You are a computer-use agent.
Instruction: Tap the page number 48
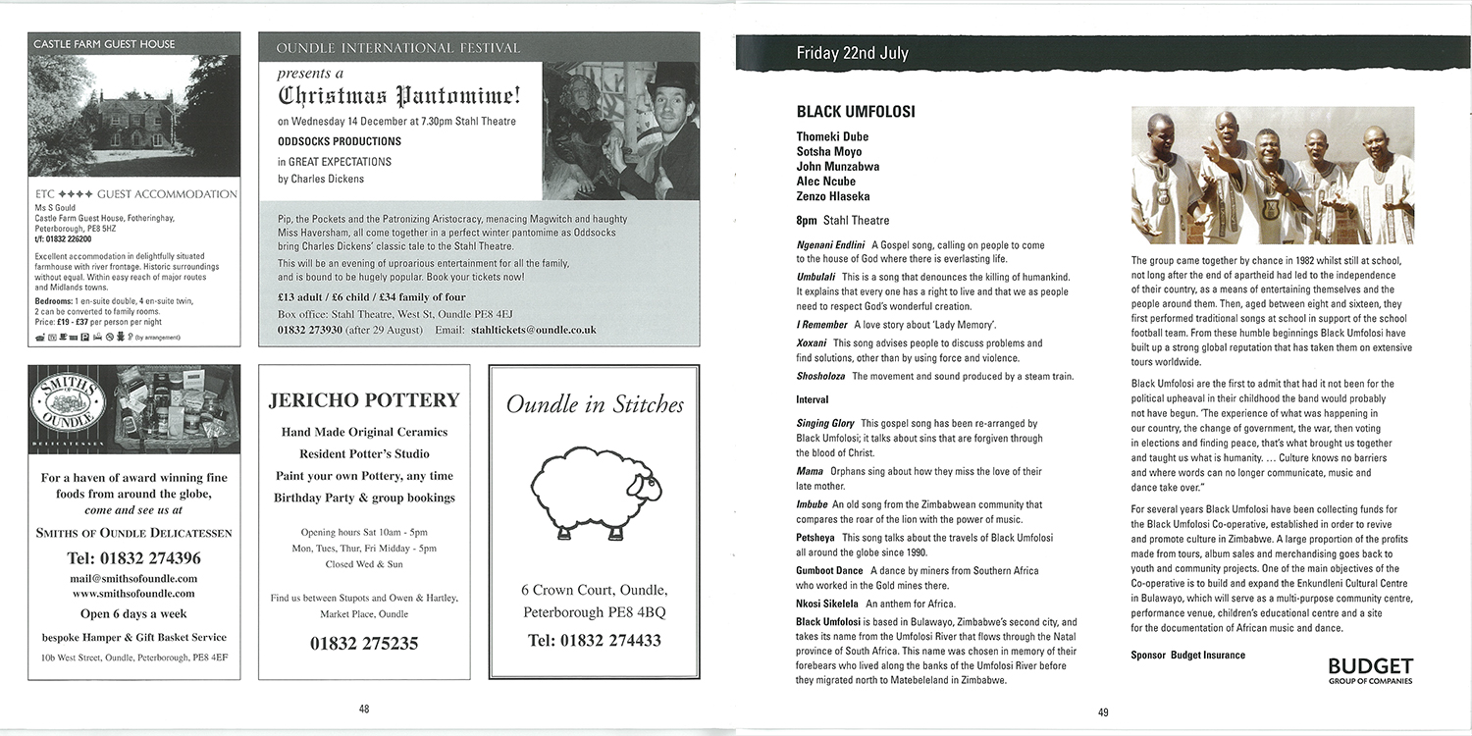363,709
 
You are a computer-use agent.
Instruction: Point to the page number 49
1103,712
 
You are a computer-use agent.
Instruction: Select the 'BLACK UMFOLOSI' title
856,112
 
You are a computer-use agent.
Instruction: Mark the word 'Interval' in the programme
813,400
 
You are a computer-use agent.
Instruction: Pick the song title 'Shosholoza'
822,377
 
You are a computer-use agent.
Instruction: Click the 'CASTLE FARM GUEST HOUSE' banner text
104,44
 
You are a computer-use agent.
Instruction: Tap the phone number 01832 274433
595,641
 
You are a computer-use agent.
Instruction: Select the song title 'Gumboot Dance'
829,570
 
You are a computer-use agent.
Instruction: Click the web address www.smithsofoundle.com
133,594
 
